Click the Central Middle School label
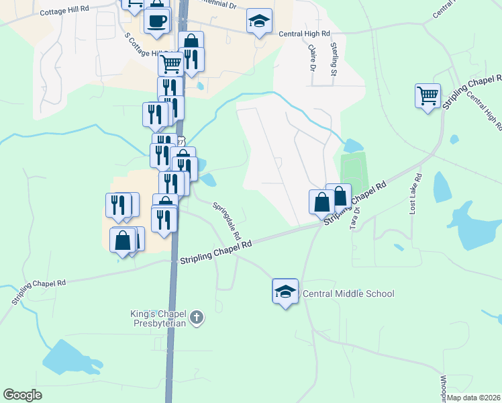[348, 294]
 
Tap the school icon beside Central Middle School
[285, 292]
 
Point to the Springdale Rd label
[227, 222]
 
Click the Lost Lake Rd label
[415, 195]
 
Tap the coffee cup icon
[156, 21]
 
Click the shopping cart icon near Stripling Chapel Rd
[427, 95]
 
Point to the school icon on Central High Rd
[258, 21]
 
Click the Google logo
[22, 395]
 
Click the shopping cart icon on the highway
[170, 64]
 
